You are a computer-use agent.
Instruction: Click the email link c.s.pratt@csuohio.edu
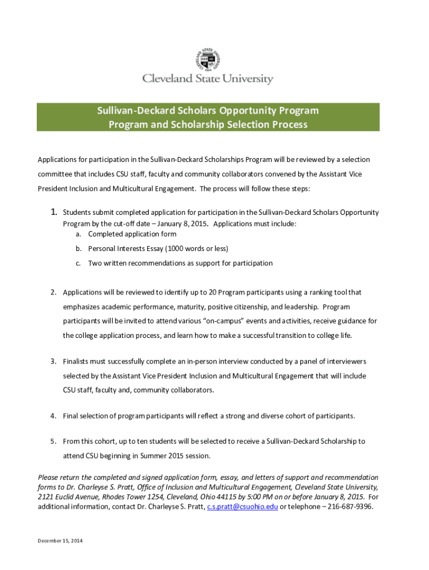[x=242, y=507]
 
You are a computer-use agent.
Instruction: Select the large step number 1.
[x=54, y=212]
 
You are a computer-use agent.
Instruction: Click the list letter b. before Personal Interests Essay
[x=79, y=248]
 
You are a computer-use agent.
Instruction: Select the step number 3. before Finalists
[x=53, y=362]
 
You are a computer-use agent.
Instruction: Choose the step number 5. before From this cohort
[x=53, y=441]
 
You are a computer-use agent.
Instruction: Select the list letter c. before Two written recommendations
[x=79, y=263]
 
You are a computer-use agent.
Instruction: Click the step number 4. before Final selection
[x=53, y=416]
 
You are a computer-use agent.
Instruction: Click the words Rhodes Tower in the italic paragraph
[x=108, y=497]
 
